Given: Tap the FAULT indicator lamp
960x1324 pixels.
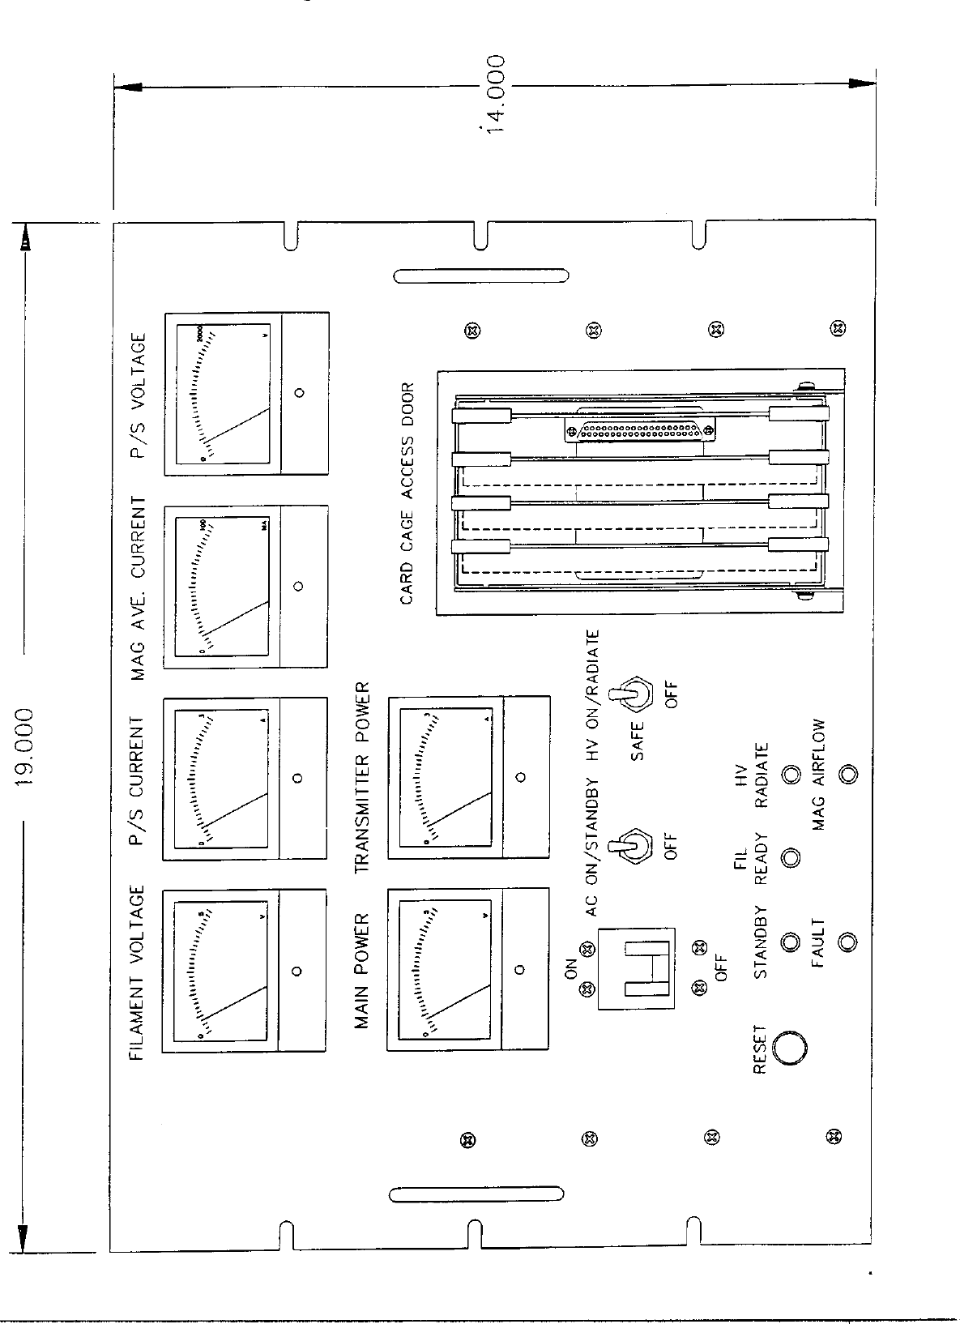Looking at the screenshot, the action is click(x=847, y=942).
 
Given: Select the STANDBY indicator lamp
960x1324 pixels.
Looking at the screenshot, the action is click(x=790, y=942).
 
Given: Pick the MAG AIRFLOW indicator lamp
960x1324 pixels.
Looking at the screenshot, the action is click(x=847, y=774).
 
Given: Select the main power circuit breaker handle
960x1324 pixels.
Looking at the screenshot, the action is click(x=646, y=968).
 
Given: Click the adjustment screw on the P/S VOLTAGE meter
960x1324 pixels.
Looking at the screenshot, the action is click(x=300, y=393).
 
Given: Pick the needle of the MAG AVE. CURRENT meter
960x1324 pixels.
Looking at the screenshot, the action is click(x=236, y=618).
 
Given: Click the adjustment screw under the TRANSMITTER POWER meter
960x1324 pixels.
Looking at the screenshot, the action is click(x=521, y=777).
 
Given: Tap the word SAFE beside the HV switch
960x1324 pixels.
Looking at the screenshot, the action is click(x=638, y=741).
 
